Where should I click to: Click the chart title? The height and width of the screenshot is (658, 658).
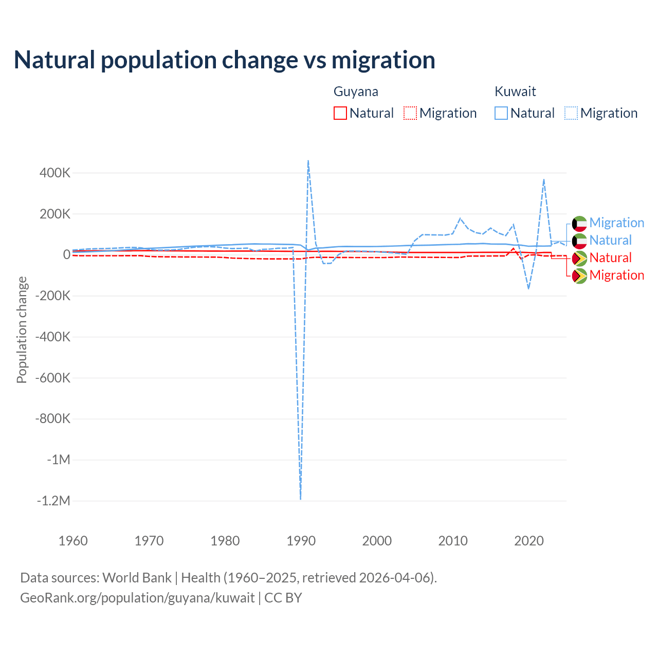point(224,60)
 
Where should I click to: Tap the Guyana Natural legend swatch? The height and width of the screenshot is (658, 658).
point(340,113)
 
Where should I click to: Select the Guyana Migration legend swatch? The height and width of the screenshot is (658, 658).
point(410,113)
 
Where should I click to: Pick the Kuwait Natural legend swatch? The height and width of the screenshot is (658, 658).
point(501,113)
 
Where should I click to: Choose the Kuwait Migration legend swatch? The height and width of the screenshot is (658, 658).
point(571,113)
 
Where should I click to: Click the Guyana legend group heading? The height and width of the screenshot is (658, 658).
point(356,92)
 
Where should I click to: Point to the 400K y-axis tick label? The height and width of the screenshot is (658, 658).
point(55,173)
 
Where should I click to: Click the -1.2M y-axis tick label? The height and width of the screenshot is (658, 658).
point(53,501)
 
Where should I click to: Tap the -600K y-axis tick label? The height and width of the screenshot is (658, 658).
point(52,378)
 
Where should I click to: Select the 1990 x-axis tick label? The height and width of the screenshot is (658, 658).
point(301,541)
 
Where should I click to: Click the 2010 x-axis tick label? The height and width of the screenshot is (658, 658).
point(453,541)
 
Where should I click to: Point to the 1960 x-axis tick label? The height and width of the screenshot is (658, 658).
point(73,541)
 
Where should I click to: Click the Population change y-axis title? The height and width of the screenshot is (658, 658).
point(22,330)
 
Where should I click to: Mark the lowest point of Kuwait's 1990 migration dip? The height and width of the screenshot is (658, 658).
point(300,499)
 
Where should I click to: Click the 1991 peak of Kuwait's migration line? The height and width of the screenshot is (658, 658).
point(308,161)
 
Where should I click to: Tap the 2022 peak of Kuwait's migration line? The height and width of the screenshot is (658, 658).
point(544,179)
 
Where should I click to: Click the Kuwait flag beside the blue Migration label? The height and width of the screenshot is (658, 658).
point(579,224)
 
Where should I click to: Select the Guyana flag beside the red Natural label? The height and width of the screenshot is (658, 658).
point(579,258)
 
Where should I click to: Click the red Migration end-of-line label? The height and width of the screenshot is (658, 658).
point(616,276)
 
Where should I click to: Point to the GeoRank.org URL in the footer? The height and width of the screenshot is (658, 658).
point(137,598)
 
